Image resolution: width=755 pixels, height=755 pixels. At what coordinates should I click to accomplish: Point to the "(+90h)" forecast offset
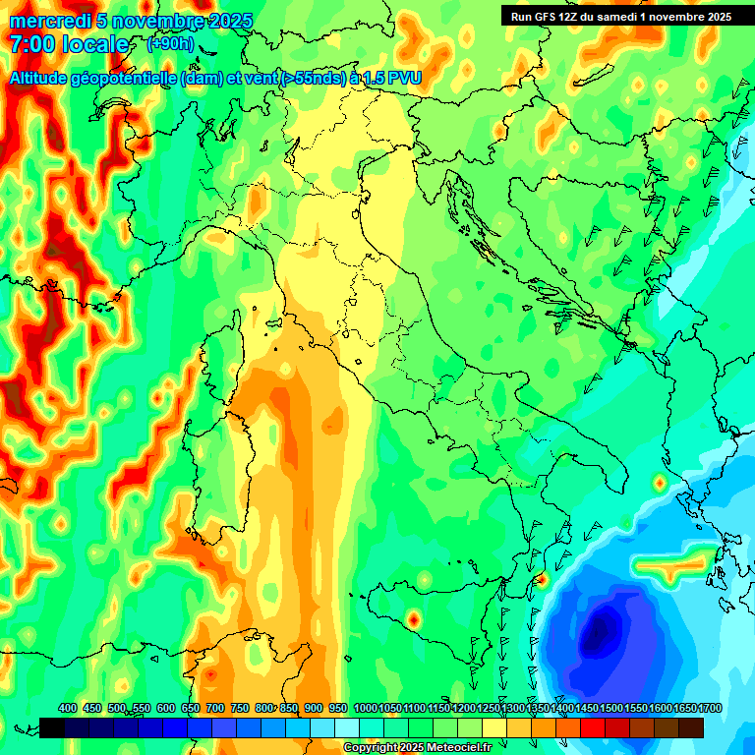[x=169, y=44]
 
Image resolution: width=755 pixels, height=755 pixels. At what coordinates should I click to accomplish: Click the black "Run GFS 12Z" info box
[x=619, y=16]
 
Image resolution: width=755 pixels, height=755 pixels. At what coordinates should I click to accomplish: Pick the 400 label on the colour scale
[x=68, y=708]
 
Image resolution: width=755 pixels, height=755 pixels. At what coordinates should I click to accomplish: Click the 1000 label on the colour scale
[x=365, y=708]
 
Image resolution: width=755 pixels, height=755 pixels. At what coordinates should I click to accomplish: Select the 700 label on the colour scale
[x=215, y=708]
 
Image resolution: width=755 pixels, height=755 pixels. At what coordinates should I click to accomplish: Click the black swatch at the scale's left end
[x=52, y=727]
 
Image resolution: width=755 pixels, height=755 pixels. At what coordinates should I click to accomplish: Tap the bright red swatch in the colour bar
[x=593, y=727]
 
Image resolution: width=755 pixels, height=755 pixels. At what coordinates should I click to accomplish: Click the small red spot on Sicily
[x=414, y=619]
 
